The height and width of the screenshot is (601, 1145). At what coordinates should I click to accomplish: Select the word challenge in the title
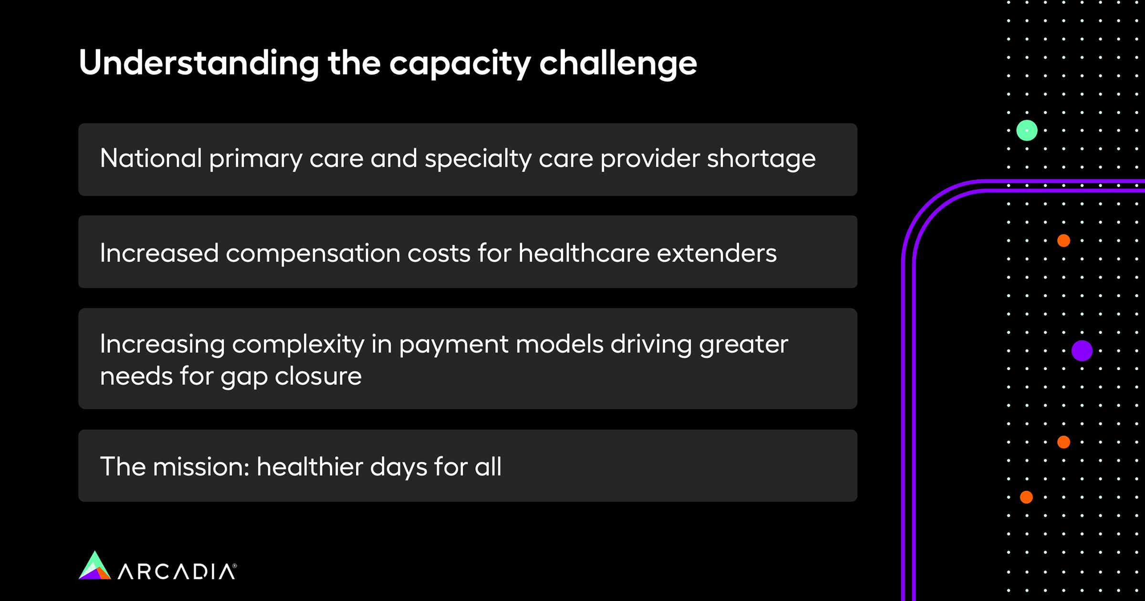click(618, 63)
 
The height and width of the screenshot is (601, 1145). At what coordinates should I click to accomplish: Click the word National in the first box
click(151, 158)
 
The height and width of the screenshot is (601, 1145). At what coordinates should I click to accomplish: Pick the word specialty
click(478, 159)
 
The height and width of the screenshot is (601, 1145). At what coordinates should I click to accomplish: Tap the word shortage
click(761, 159)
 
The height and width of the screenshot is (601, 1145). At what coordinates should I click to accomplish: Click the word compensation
click(313, 253)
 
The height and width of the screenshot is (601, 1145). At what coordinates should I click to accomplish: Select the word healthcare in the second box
click(584, 252)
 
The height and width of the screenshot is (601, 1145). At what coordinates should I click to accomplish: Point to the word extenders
click(717, 252)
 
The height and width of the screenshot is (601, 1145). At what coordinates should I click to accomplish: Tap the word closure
click(318, 376)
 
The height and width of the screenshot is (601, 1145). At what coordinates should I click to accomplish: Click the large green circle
click(1027, 130)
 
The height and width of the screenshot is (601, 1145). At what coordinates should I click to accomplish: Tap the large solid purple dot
click(1082, 351)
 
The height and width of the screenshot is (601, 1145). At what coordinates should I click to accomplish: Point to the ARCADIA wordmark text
click(177, 571)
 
